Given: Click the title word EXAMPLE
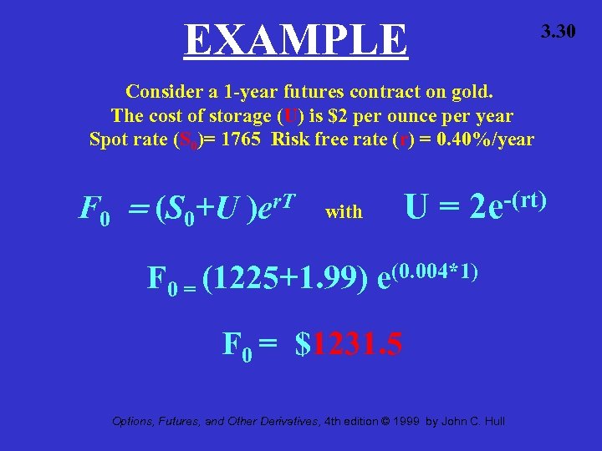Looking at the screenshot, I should click(296, 39).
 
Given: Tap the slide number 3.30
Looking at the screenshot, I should click(558, 33).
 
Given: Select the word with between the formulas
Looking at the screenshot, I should click(344, 212).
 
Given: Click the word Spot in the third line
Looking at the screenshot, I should click(109, 139).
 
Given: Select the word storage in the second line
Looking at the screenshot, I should click(247, 115).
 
